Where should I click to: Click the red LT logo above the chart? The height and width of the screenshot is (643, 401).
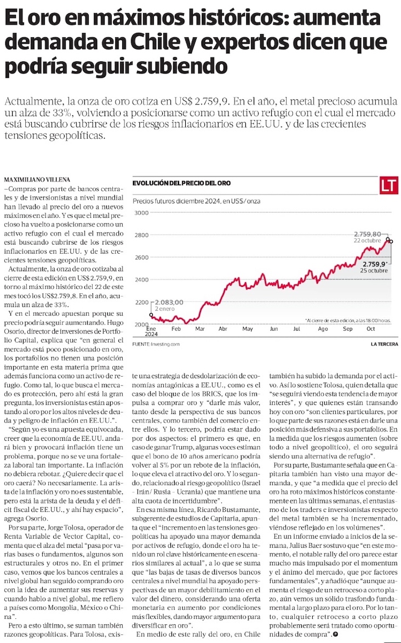tap(388, 186)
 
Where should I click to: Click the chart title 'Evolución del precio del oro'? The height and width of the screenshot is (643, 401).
tap(182, 183)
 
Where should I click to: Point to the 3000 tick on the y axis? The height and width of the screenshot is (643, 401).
tap(142, 213)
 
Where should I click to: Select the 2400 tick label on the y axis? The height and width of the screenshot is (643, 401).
tap(142, 280)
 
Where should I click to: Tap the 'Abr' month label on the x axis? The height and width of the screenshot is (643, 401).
tap(223, 329)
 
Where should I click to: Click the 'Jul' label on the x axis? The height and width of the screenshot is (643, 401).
tap(297, 329)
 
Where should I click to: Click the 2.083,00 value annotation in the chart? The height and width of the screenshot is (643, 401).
tap(169, 302)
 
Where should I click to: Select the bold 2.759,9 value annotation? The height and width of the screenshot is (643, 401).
tap(374, 264)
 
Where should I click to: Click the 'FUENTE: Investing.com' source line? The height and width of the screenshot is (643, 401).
tap(157, 344)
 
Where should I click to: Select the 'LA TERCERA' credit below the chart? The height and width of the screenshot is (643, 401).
tap(384, 344)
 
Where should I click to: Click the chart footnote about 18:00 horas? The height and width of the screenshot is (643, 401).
tap(347, 320)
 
